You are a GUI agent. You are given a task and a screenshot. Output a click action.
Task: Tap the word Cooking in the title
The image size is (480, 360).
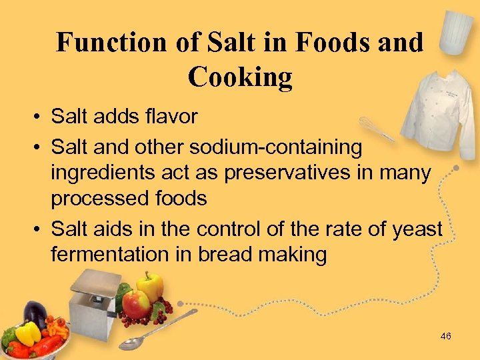(240, 77)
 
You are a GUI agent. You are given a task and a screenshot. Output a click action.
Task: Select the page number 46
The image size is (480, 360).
(445, 337)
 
